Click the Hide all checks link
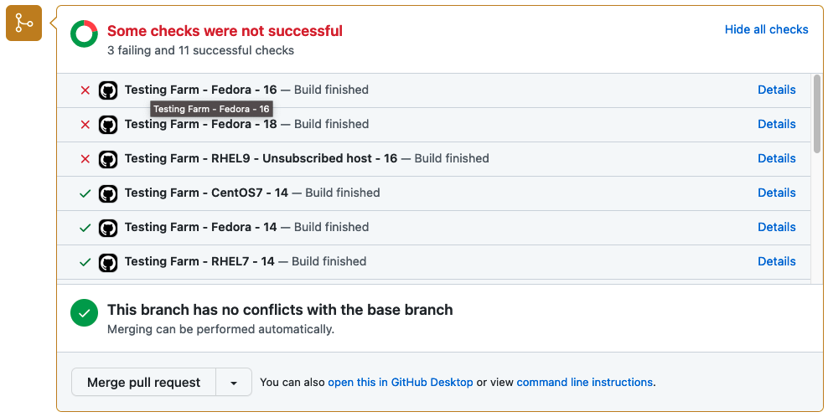click(766, 29)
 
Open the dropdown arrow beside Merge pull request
click(233, 383)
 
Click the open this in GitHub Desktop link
click(401, 383)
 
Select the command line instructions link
click(584, 383)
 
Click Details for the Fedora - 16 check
click(776, 90)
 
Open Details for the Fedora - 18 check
click(776, 124)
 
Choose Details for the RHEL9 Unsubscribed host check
click(776, 158)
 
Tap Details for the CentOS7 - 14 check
click(776, 193)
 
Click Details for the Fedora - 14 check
click(776, 227)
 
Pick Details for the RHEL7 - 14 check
click(776, 261)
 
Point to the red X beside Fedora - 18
click(85, 125)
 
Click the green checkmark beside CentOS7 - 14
click(85, 193)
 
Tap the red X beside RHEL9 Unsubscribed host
click(85, 159)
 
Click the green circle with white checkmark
click(84, 313)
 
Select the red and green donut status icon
click(84, 34)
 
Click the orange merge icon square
click(23, 23)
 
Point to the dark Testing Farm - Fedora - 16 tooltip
click(211, 109)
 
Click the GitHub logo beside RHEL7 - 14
click(107, 262)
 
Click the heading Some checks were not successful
click(225, 31)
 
